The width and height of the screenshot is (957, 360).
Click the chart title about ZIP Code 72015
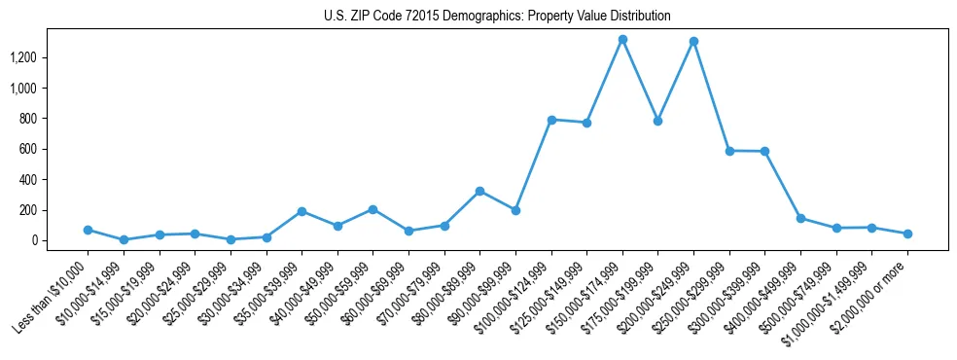coord(497,16)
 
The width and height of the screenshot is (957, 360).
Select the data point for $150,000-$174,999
coord(622,40)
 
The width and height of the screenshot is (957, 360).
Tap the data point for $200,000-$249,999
coord(693,42)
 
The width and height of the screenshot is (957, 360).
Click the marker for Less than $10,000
coord(88,230)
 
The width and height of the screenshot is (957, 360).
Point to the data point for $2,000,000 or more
coord(907,234)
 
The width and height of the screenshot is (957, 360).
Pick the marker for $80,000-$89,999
coord(479,191)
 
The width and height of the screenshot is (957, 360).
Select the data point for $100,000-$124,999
coord(551,120)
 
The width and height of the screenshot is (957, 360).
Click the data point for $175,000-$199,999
coord(658,122)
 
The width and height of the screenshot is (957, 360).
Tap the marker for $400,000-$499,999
coord(800,218)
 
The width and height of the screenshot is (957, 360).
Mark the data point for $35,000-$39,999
coord(301,211)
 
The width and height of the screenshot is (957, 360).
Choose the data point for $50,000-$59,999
coord(372,209)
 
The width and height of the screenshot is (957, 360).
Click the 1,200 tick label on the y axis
coord(50,57)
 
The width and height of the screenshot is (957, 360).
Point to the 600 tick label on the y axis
coord(55,149)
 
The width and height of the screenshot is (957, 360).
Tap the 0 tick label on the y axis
coord(61,240)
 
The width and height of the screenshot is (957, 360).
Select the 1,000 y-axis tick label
coord(50,89)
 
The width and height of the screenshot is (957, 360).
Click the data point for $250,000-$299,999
coord(729,151)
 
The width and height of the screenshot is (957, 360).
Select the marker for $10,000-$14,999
coord(124,239)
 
